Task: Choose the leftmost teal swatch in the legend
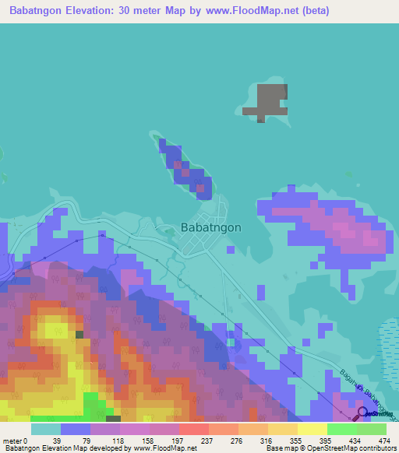(46, 429)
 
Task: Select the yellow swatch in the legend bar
(312, 429)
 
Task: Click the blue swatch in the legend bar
(76, 429)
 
